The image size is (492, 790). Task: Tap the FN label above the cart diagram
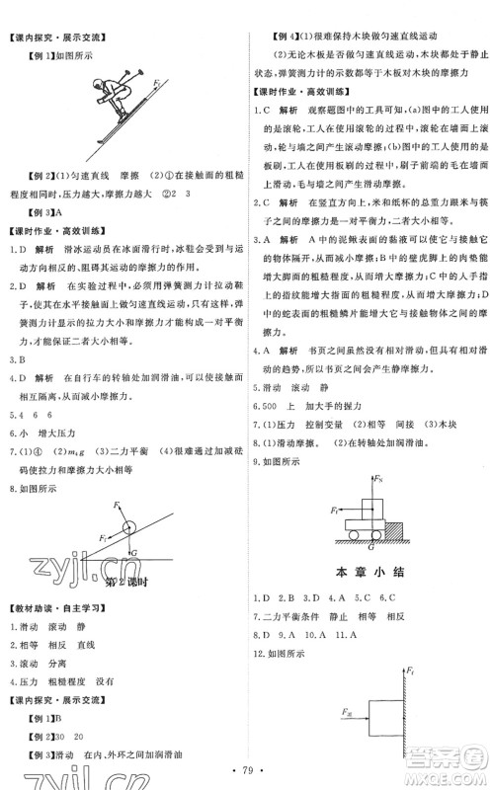click(x=379, y=479)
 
